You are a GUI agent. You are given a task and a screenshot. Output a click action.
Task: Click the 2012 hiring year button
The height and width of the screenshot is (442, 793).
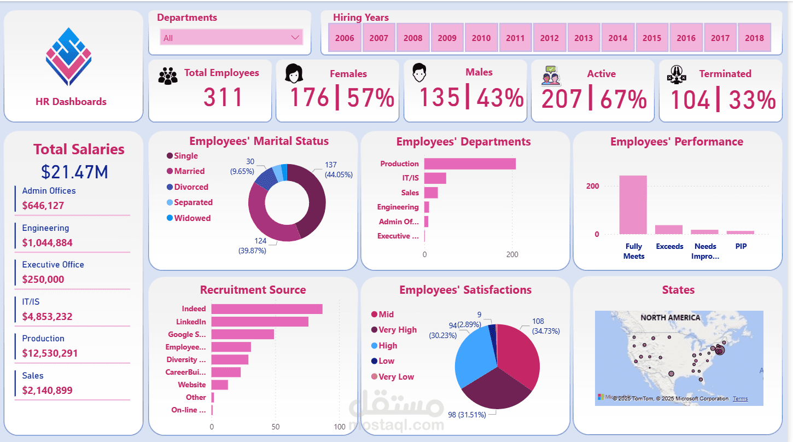coord(549,38)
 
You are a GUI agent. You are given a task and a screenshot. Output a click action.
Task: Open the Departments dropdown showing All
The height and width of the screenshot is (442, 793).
coord(231,38)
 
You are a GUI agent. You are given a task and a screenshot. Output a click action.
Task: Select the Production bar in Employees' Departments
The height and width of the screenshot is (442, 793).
coord(470,164)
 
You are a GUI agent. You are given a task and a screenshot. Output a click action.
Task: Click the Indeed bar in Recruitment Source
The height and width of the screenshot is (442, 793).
coord(267,309)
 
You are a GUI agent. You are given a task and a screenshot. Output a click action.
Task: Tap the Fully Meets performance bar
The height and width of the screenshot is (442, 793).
coord(633,205)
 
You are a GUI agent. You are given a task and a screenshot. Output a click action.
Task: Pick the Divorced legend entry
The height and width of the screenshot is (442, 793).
coord(191,187)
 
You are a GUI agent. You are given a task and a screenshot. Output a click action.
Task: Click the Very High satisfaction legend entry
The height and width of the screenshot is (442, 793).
coord(397,330)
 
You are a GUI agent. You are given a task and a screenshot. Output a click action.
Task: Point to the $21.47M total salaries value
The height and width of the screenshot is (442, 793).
coord(74,172)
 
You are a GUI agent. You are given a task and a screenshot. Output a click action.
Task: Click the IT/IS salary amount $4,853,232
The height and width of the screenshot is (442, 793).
coord(48,317)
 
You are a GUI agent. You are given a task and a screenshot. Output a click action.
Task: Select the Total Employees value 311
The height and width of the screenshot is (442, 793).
coord(223,97)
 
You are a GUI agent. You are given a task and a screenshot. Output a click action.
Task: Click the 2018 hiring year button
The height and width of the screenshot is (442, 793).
coord(754,38)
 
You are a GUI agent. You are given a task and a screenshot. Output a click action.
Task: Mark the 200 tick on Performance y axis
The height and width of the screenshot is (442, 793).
coord(593,187)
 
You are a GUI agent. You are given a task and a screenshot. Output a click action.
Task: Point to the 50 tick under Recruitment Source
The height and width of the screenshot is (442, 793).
coord(276,427)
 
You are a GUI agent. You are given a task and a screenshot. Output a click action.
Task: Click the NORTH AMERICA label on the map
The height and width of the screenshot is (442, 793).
coord(670,318)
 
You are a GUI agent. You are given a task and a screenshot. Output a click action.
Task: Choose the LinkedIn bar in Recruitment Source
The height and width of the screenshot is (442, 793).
coord(260,322)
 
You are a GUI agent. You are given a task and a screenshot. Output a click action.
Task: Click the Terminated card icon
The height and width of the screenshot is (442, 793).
coord(677,74)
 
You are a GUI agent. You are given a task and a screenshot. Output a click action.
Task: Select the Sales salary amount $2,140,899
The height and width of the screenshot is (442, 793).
coord(48,391)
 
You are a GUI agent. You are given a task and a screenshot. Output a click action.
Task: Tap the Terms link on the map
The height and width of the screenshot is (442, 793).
coord(740,399)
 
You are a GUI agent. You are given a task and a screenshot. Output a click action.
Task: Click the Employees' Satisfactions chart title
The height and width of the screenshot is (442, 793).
coord(465,290)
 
